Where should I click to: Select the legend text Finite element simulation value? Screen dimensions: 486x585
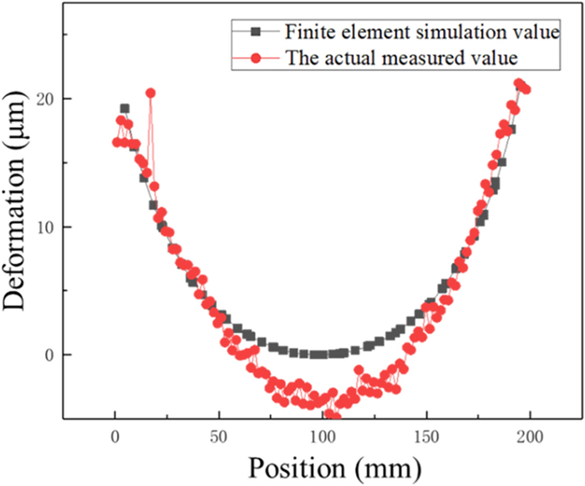point(421,33)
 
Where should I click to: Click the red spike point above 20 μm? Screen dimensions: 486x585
point(150,94)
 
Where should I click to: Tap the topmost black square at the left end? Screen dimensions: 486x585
point(125,109)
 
